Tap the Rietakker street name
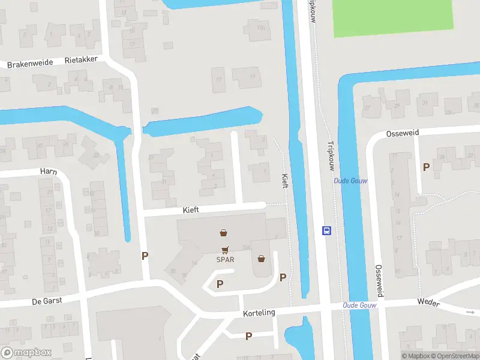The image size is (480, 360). (x=82, y=60)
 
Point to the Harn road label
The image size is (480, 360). (x=48, y=171)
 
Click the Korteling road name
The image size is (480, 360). (x=259, y=314)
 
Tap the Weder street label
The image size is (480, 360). (x=428, y=304)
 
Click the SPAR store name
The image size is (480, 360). (x=225, y=260)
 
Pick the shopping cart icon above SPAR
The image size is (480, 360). (x=225, y=250)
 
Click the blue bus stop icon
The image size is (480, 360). (x=327, y=230)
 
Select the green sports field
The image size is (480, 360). (x=393, y=16)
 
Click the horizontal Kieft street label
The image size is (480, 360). (x=191, y=210)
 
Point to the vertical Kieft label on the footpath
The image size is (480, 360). (x=285, y=181)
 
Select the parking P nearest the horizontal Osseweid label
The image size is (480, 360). (x=426, y=167)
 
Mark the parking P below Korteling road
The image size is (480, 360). (x=248, y=336)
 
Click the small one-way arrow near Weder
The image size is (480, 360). (x=469, y=312)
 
